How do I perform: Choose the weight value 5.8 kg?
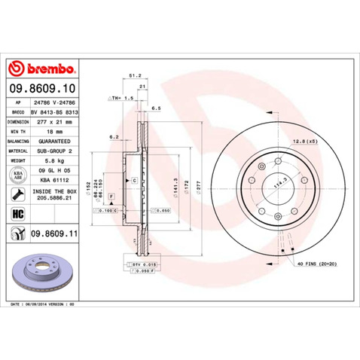click(55, 160)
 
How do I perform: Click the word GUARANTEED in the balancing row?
click(55, 140)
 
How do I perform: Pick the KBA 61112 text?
click(55, 180)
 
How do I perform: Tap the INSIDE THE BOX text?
click(55, 192)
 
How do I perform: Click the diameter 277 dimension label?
click(199, 185)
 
